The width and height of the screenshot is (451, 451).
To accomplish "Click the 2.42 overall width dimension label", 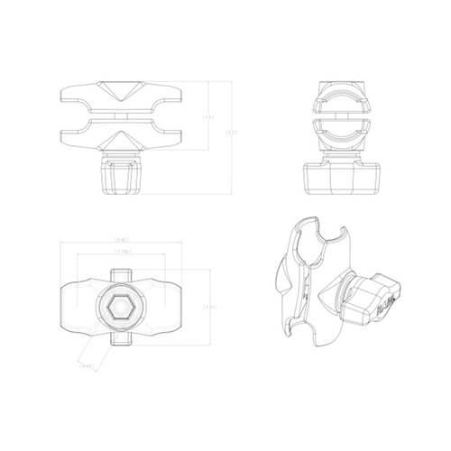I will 123,242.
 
